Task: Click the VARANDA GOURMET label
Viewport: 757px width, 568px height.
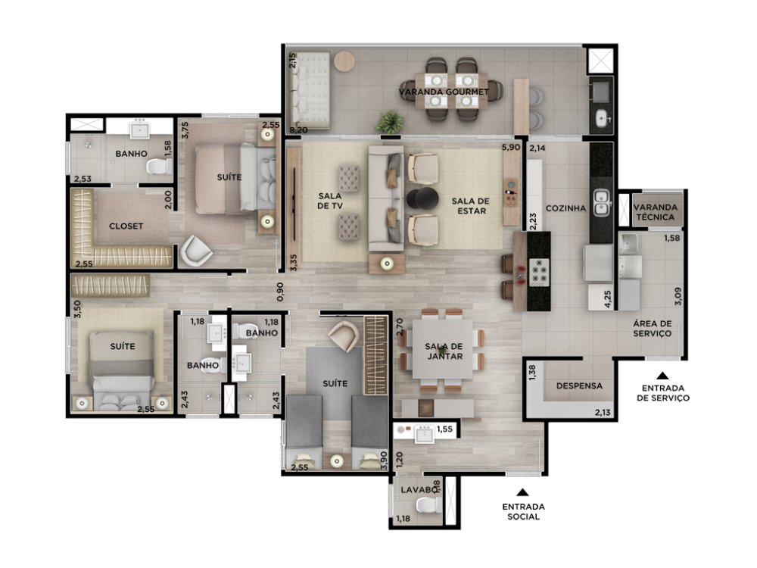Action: pos(444,92)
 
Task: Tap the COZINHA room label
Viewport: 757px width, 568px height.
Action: pos(565,208)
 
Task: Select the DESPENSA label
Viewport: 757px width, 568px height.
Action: pos(579,386)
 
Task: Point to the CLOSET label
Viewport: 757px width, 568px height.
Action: pos(126,226)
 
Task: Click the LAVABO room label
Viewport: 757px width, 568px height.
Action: pos(419,490)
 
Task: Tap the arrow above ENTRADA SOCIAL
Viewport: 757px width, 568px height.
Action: pos(522,493)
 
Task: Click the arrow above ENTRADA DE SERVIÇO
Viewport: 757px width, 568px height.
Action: pos(663,376)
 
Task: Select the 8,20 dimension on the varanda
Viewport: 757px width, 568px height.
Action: pos(298,130)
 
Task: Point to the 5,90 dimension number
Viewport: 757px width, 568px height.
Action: pos(511,148)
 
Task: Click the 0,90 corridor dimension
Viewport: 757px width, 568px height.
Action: pos(281,292)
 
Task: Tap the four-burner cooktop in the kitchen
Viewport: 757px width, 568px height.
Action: pos(539,273)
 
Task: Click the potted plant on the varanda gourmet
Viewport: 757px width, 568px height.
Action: pos(390,122)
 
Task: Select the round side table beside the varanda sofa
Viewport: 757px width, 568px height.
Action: pos(344,62)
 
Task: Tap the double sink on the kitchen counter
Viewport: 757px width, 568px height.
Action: pos(601,202)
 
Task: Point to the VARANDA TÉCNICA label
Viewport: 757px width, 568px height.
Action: pos(655,212)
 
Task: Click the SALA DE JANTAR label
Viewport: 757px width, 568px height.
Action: pos(444,351)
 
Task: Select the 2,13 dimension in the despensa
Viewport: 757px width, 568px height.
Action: pos(603,412)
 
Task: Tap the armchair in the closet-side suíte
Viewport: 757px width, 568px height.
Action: pos(195,251)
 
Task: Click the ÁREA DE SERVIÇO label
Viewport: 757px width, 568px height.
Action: pos(653,329)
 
